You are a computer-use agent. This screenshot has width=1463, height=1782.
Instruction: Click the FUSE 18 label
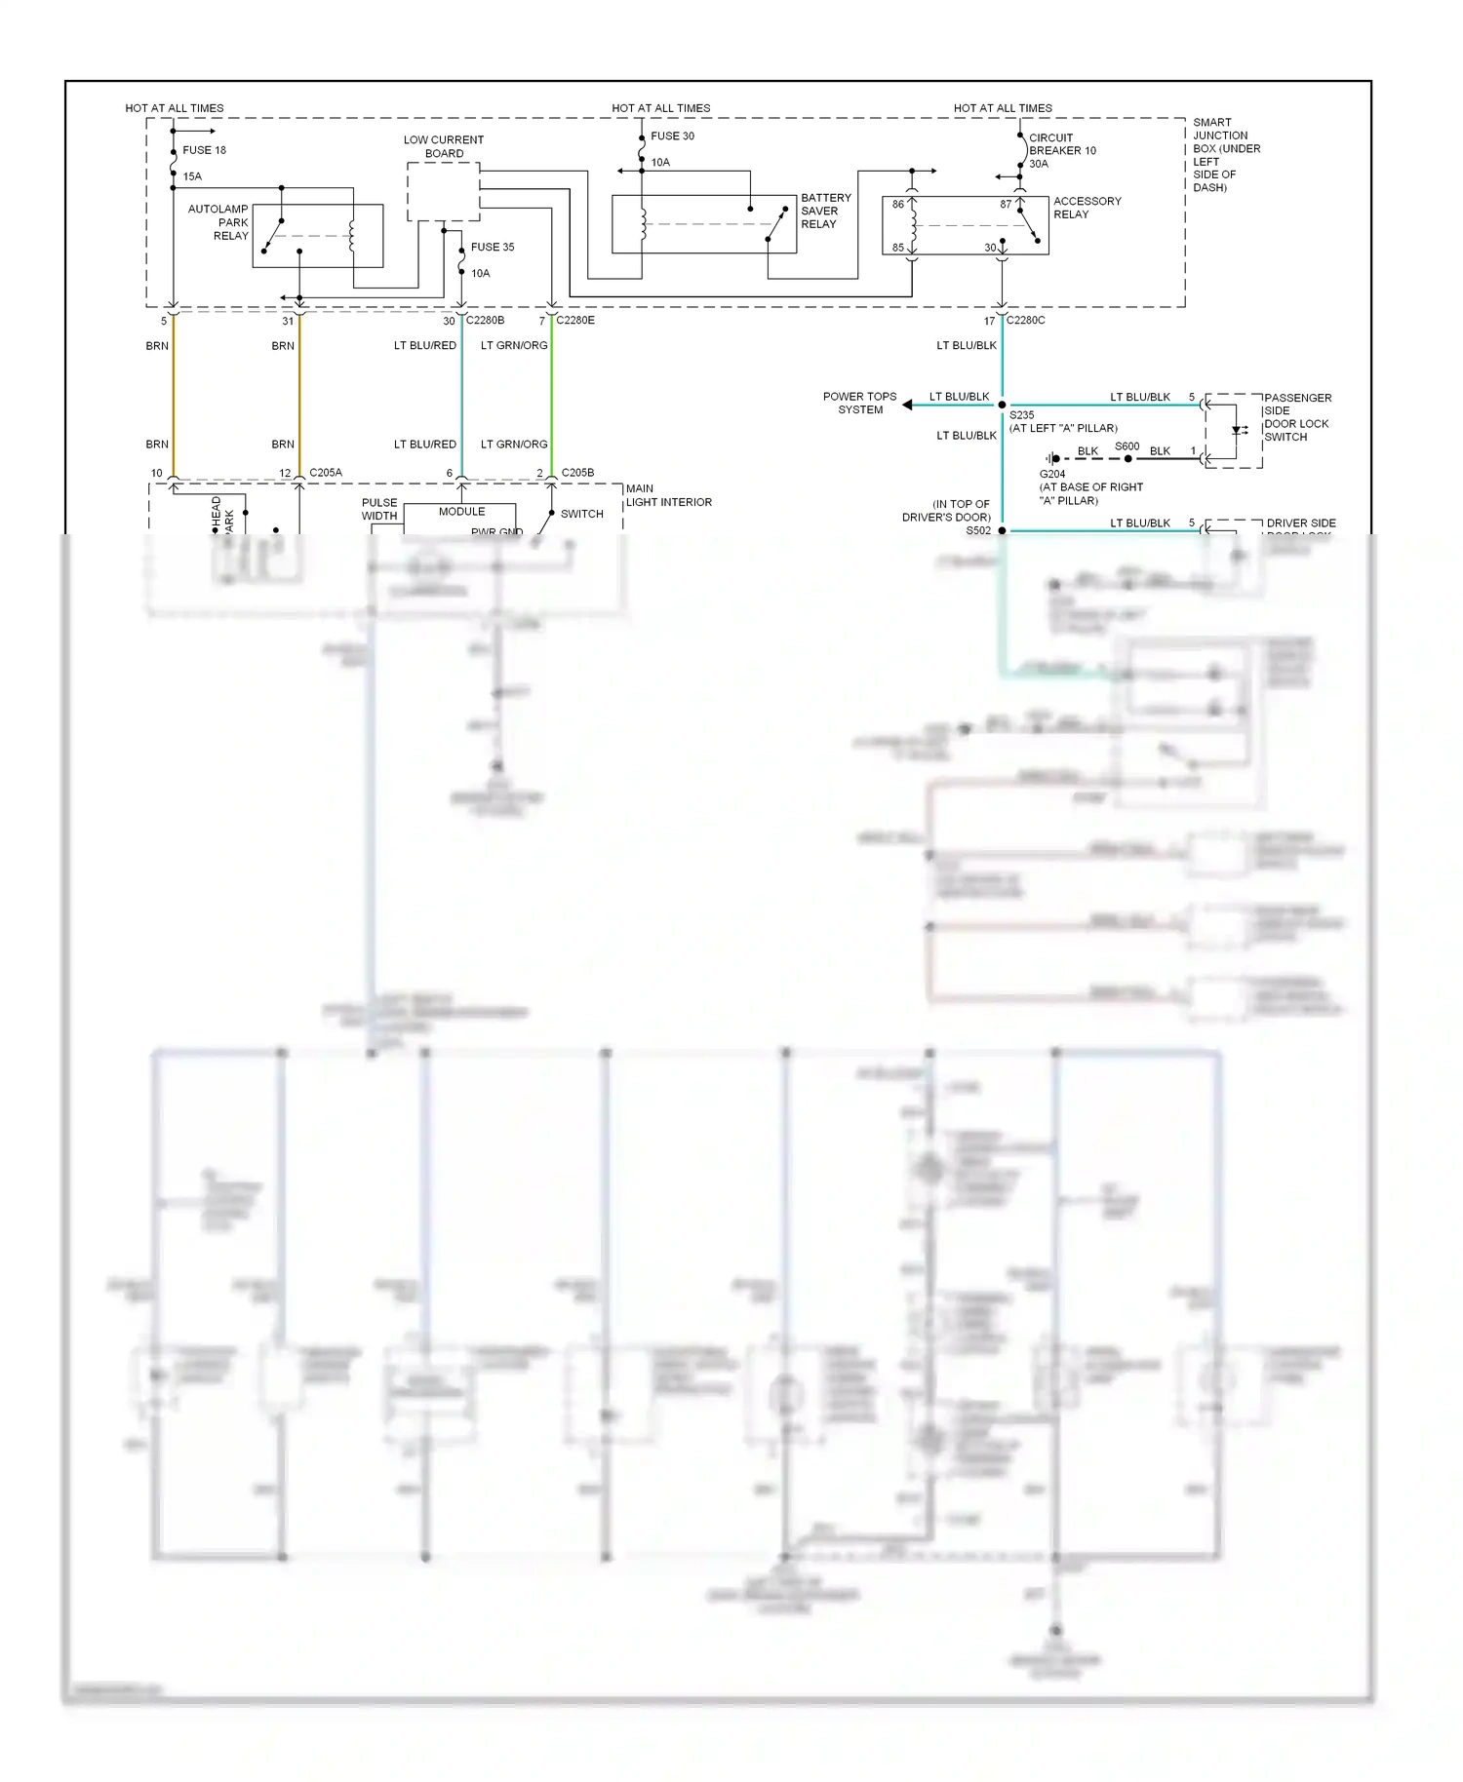point(204,150)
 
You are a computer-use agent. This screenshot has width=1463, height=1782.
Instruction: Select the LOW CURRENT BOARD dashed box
point(443,192)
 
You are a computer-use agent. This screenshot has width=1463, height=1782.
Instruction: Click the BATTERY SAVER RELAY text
point(825,211)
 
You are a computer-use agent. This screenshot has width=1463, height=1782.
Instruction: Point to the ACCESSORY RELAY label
point(1087,208)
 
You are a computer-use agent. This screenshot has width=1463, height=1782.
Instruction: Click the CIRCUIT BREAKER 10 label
point(1062,144)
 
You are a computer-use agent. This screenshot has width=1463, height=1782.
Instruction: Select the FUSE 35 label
point(493,247)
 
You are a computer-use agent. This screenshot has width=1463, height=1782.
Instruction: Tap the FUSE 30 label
point(672,136)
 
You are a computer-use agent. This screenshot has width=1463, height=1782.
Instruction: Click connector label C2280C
point(1025,320)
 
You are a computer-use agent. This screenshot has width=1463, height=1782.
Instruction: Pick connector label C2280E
point(575,320)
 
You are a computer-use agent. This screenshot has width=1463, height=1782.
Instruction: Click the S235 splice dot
point(1002,405)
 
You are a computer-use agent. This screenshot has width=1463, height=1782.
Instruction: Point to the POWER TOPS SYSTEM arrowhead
point(907,405)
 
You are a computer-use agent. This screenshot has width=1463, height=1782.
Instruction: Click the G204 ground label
point(1052,474)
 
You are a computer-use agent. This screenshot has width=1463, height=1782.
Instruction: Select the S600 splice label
point(1127,446)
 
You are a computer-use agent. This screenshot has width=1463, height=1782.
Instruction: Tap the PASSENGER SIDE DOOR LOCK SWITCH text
point(1297,417)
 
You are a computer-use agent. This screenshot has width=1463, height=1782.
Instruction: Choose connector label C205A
point(326,473)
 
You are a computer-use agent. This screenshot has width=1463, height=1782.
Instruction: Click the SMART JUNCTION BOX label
point(1226,155)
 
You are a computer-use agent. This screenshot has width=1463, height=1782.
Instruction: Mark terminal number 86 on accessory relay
point(897,205)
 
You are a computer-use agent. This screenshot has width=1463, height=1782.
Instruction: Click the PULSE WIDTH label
point(379,509)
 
